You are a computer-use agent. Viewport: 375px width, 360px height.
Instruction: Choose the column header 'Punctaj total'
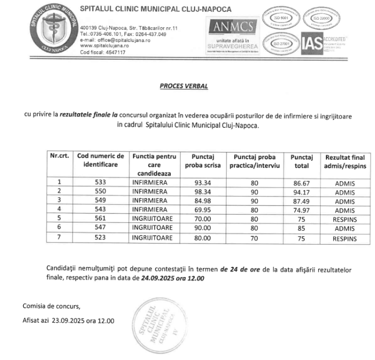pos(302,161)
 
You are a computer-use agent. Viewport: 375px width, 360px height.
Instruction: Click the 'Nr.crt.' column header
pos(59,156)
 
